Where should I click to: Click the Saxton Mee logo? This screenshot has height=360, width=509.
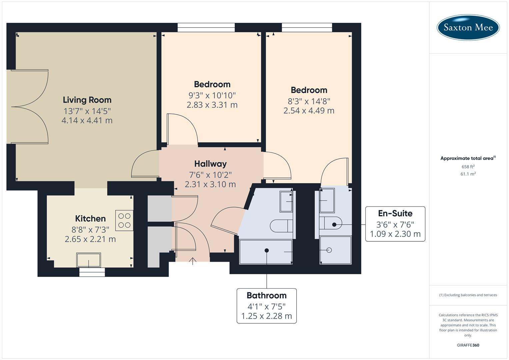pyautogui.click(x=468, y=27)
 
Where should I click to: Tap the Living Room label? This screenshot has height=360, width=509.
pyautogui.click(x=87, y=100)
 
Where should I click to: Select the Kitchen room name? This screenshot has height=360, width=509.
pyautogui.click(x=90, y=219)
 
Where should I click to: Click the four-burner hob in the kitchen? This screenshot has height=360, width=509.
pyautogui.click(x=124, y=220)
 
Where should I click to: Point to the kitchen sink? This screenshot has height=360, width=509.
pyautogui.click(x=88, y=260)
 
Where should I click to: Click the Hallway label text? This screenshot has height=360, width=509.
pyautogui.click(x=210, y=164)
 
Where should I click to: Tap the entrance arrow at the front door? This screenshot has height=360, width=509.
pyautogui.click(x=193, y=261)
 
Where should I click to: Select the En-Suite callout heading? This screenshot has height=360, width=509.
pyautogui.click(x=395, y=213)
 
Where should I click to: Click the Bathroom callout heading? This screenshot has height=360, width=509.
pyautogui.click(x=266, y=296)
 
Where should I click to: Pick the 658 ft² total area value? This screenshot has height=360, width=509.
pyautogui.click(x=468, y=167)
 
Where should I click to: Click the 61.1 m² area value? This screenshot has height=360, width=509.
pyautogui.click(x=468, y=174)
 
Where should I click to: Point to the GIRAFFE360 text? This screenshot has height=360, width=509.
pyautogui.click(x=468, y=345)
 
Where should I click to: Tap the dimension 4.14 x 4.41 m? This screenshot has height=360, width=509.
pyautogui.click(x=87, y=121)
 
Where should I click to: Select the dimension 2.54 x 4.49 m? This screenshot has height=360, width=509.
pyautogui.click(x=309, y=111)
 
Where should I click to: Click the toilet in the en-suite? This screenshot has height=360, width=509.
pyautogui.click(x=332, y=225)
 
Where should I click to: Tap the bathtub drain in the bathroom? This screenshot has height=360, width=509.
pyautogui.click(x=267, y=250)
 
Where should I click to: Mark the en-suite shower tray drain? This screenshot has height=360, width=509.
pyautogui.click(x=329, y=250)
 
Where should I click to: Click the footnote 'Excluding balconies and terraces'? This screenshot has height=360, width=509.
pyautogui.click(x=468, y=295)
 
